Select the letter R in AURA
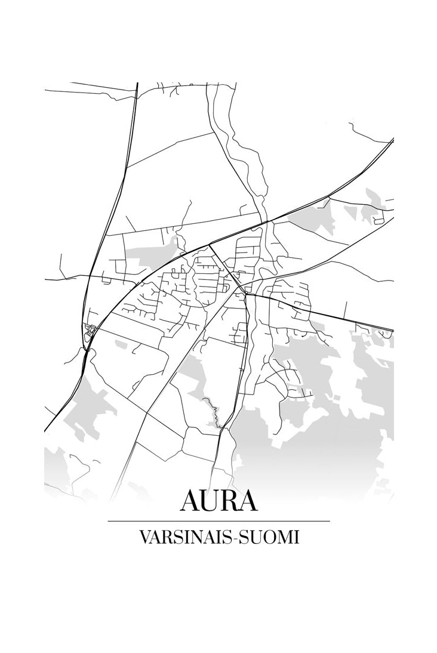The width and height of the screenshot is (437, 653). coord(230,501)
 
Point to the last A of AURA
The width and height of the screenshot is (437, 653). coord(248,501)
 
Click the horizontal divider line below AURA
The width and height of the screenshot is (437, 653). coord(219,521)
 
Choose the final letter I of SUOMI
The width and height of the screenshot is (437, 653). coord(296,537)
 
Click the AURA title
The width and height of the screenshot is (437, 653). coord(219,501)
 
